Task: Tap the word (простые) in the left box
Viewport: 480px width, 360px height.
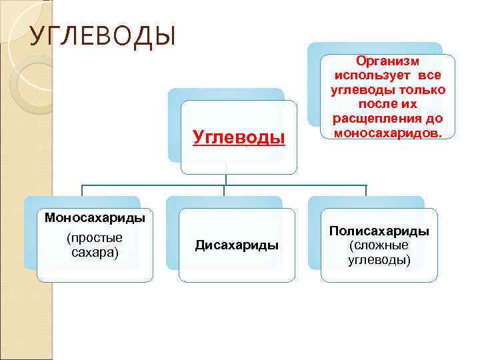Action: pyautogui.click(x=95, y=238)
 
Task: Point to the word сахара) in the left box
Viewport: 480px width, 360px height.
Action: pyautogui.click(x=95, y=252)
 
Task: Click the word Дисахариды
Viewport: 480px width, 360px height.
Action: pyautogui.click(x=237, y=245)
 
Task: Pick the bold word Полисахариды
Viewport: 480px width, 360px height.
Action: pyautogui.click(x=379, y=231)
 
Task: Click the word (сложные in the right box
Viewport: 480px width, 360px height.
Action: pyautogui.click(x=379, y=245)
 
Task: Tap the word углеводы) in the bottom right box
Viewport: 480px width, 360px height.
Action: pyautogui.click(x=379, y=259)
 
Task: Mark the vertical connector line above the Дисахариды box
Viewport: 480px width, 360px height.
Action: pyautogui.click(x=225, y=191)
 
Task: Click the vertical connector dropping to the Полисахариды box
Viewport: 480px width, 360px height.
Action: pyautogui.click(x=366, y=191)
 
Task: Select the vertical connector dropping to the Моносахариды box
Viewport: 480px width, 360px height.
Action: pyautogui.click(x=82, y=191)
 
